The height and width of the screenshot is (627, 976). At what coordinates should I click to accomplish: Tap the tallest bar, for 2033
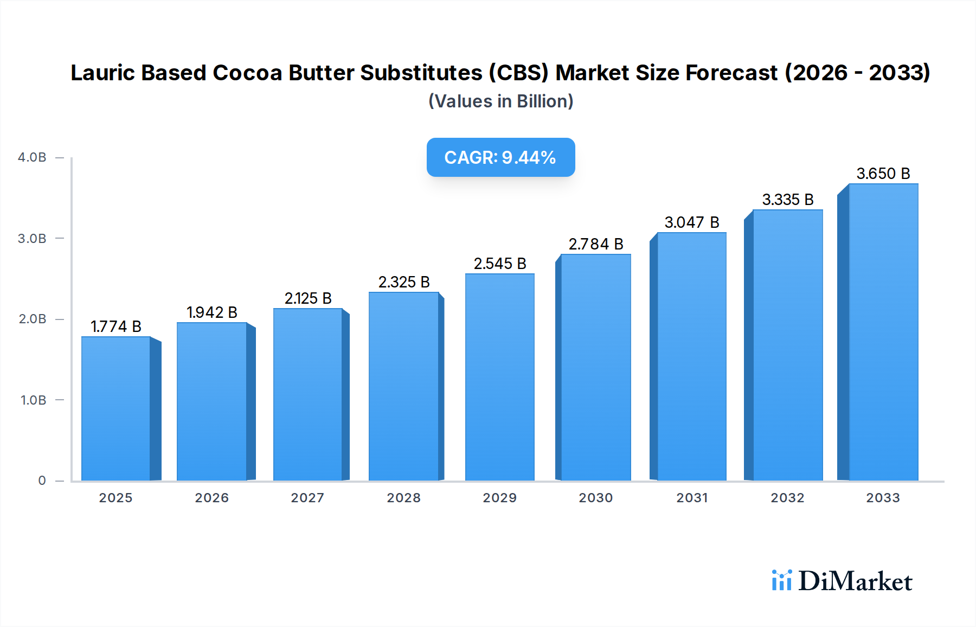click(x=883, y=332)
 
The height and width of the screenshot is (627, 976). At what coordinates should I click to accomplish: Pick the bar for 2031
click(x=691, y=356)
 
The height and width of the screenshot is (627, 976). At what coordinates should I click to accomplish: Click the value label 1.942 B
click(x=212, y=312)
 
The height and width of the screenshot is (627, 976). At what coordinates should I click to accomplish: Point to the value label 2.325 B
click(x=404, y=282)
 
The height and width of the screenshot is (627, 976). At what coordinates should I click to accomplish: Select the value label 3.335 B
click(x=788, y=200)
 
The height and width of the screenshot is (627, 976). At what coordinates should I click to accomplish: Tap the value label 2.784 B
click(x=596, y=244)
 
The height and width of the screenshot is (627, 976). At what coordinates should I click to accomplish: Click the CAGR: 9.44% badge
click(x=500, y=157)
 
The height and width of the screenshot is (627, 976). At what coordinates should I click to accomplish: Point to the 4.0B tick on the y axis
click(x=32, y=157)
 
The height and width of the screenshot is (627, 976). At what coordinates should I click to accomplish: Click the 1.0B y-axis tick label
click(x=33, y=400)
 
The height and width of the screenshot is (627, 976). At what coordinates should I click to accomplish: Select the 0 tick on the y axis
click(x=42, y=481)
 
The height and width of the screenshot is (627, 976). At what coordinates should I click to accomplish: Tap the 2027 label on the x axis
click(x=307, y=498)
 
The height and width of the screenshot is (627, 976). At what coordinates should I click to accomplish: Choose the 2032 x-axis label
click(x=787, y=498)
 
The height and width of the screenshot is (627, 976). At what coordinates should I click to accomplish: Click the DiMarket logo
click(x=842, y=581)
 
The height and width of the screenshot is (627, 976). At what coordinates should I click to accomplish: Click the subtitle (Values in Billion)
click(x=500, y=101)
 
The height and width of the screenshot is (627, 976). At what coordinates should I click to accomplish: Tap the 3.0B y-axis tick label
click(x=32, y=239)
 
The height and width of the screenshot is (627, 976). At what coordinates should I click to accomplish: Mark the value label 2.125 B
click(x=308, y=298)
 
